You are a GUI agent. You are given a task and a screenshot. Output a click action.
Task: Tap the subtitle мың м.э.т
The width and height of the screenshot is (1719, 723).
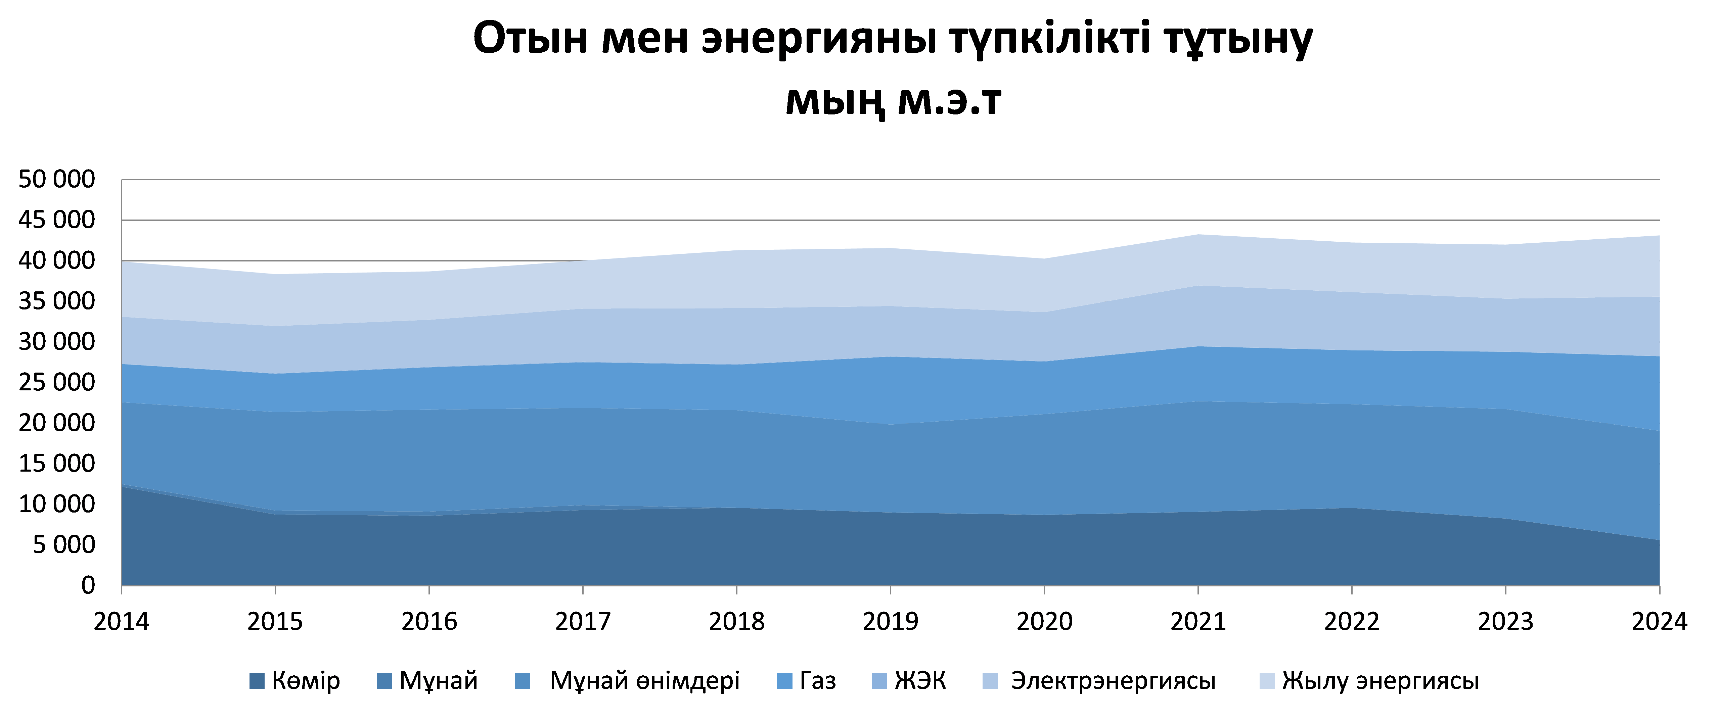(893, 101)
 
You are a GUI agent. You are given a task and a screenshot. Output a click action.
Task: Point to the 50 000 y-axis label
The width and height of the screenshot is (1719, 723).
(57, 180)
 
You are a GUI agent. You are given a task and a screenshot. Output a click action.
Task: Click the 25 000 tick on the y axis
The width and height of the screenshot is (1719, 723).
(57, 382)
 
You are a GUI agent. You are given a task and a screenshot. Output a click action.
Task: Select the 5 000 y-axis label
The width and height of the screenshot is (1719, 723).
(64, 545)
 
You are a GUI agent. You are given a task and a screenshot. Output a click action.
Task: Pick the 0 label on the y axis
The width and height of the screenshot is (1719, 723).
(88, 586)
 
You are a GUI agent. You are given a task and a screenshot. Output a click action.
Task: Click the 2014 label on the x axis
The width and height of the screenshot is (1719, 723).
(122, 622)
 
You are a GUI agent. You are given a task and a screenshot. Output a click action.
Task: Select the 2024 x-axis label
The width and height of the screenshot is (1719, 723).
(1659, 622)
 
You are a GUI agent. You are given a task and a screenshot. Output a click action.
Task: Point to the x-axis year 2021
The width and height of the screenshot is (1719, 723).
(1198, 622)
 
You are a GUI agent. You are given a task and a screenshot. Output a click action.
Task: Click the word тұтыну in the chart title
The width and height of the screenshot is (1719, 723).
(1238, 39)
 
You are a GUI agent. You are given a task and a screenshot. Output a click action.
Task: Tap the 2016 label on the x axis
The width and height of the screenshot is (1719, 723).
(429, 622)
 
